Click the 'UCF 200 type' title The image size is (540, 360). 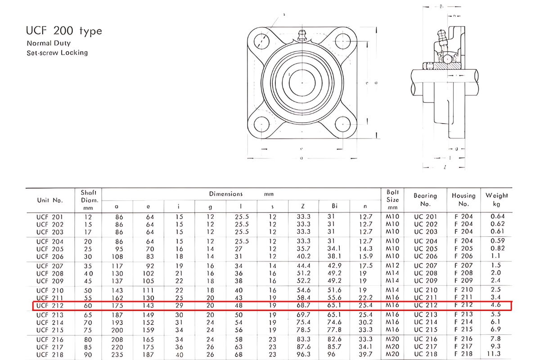(64, 31)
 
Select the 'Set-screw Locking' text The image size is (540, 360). (57, 53)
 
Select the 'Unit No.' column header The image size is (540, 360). (49, 200)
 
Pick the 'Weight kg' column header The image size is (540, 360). (496, 199)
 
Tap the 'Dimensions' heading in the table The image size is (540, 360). (225, 194)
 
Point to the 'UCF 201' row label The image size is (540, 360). (49, 216)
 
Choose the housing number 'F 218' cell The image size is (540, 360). (463, 355)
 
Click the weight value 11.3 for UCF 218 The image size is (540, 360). (496, 355)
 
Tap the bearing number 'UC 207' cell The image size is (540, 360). (425, 266)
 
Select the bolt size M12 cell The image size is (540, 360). (392, 266)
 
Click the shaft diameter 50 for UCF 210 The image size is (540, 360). (88, 291)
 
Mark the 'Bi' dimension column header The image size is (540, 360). (334, 207)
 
